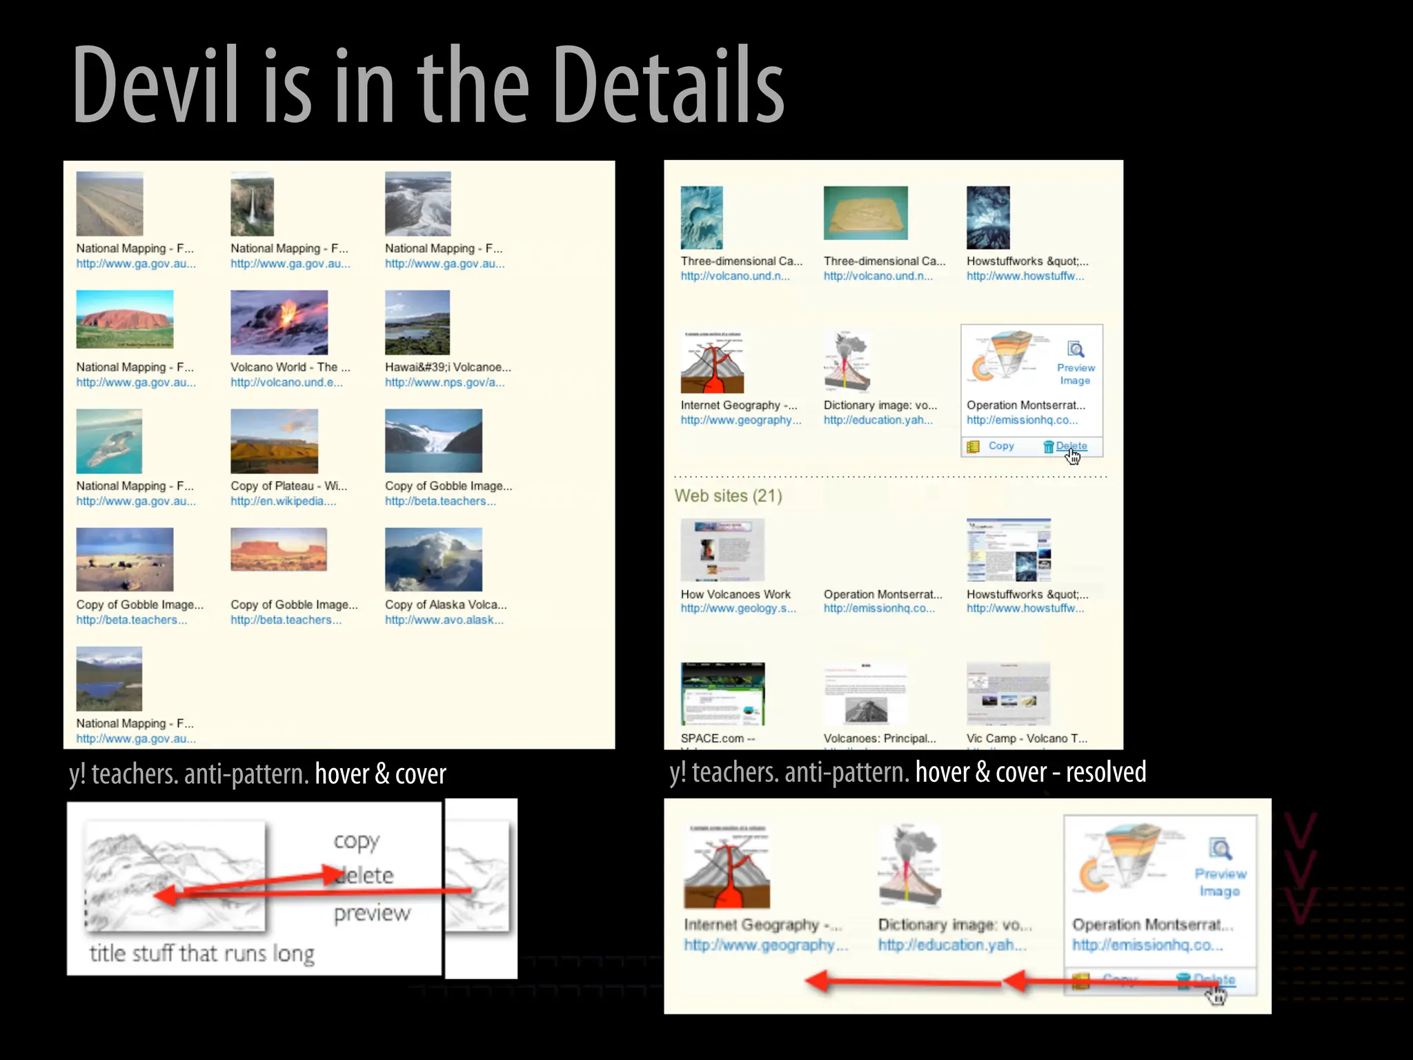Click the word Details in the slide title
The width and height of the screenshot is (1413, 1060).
668,84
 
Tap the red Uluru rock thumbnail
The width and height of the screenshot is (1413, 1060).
125,319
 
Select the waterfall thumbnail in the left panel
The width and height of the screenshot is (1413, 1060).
252,204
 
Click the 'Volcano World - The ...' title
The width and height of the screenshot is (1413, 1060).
290,367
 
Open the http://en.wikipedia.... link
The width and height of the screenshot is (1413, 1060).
283,501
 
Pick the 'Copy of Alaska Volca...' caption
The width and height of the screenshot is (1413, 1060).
446,605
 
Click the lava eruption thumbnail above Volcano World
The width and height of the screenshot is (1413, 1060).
279,322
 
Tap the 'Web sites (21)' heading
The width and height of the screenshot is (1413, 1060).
728,495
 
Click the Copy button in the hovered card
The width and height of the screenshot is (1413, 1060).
1000,446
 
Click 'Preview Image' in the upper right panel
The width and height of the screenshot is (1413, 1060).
1075,373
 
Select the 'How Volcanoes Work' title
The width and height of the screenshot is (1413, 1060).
735,594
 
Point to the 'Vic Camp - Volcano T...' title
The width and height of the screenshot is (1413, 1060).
1026,738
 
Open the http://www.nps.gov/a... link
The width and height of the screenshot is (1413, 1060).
444,382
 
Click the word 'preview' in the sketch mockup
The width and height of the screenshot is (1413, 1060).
372,914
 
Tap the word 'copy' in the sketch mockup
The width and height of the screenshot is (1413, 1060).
356,841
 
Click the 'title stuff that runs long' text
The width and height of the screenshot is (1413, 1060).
201,953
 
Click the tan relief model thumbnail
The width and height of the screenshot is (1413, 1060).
865,213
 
